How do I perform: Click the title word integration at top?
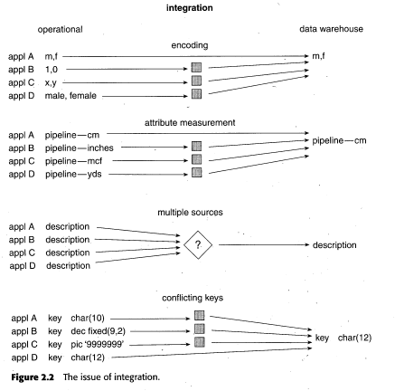point(190,7)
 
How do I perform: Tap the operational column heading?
point(60,30)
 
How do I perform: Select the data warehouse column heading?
point(331,29)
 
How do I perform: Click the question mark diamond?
point(198,244)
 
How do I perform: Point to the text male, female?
point(71,96)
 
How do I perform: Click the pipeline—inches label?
point(80,148)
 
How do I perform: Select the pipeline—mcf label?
point(73,161)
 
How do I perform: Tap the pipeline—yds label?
point(73,174)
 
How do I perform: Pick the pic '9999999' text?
point(98,344)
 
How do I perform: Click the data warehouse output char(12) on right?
point(354,338)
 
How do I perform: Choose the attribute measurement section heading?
point(190,122)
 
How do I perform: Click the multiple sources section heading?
point(190,212)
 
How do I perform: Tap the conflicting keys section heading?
point(193,298)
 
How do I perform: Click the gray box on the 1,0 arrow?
point(196,67)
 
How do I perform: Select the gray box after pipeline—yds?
point(197,172)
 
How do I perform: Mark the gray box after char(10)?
point(200,316)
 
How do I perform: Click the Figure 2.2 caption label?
point(33,377)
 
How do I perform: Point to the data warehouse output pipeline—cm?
point(339,140)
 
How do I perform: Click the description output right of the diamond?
point(334,245)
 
